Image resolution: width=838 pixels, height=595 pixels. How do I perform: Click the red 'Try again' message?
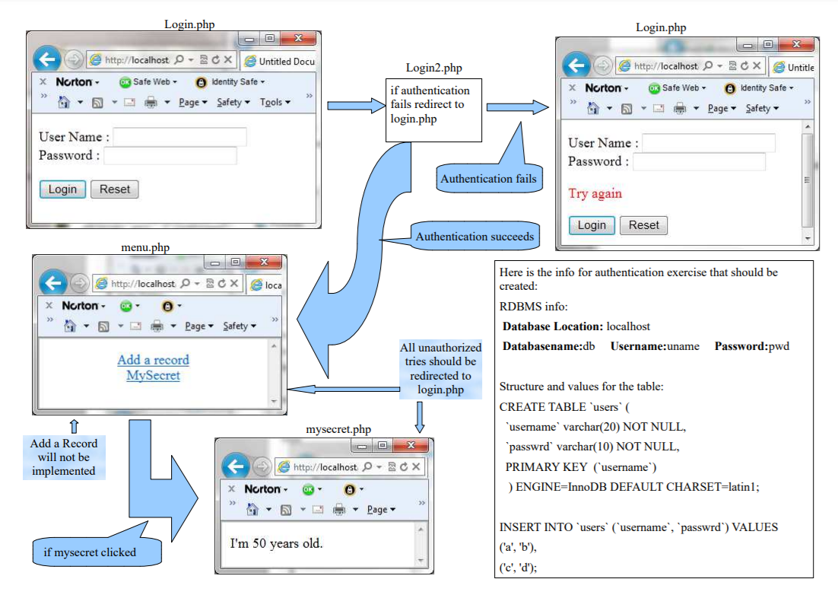(595, 193)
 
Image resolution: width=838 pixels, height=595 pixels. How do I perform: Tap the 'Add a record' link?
(153, 360)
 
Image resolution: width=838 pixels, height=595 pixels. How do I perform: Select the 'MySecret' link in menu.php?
(153, 375)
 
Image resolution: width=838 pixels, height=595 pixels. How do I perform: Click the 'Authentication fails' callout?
(488, 179)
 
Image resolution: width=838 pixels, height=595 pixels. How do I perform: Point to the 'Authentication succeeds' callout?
(475, 237)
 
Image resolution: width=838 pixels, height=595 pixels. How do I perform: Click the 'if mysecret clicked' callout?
(90, 552)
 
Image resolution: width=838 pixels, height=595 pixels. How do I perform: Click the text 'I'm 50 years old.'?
(276, 543)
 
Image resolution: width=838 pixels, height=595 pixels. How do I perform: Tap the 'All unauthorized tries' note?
(440, 369)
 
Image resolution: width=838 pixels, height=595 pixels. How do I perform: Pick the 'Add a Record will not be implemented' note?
(64, 457)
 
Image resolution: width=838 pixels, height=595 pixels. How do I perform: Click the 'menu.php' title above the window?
(145, 247)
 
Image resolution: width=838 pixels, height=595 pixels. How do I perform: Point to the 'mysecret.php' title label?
(338, 430)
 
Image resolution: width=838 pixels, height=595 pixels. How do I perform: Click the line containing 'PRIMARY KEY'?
(581, 466)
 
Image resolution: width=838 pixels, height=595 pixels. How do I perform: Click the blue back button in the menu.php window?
(53, 283)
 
